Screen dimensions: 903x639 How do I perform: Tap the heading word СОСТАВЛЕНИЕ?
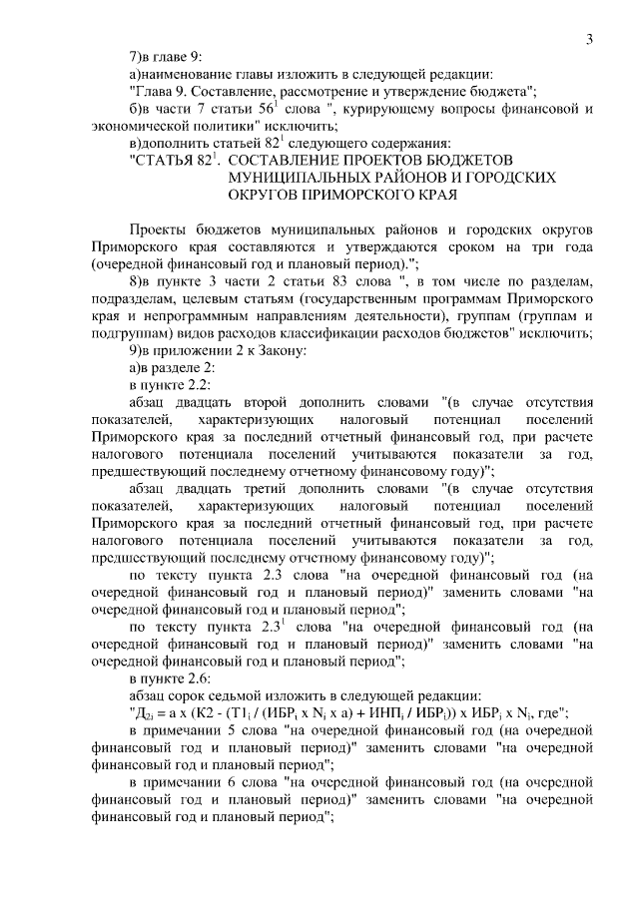(286, 160)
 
